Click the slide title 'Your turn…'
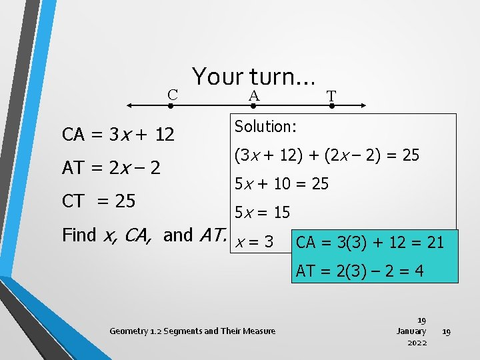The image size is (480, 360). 253,77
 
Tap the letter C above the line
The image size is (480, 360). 172,95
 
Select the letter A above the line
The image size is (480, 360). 253,96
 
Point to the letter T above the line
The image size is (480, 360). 331,97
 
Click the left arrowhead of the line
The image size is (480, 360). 131,105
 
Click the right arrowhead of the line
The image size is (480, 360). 363,105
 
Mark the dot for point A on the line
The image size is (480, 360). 253,105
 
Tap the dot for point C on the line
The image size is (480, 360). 171,105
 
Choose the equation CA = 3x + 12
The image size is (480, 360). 118,135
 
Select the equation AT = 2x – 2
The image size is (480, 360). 111,168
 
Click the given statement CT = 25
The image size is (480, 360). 99,201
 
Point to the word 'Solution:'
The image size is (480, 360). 265,126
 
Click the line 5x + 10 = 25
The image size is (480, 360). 281,183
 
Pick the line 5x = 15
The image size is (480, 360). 261,213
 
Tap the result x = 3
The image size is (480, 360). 254,242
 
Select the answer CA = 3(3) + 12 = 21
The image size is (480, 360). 369,242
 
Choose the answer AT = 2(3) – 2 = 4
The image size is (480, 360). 359,271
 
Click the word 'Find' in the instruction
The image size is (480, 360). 78,235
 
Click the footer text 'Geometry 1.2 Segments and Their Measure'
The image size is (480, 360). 192,331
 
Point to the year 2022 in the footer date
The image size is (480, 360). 417,343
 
